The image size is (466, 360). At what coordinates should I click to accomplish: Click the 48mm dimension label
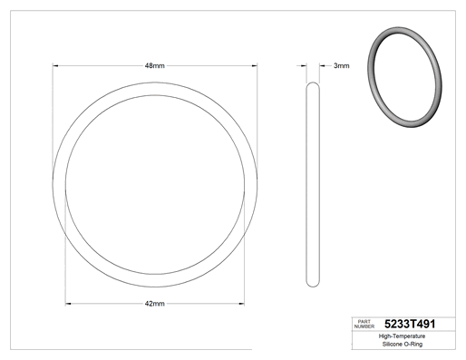pos(154,65)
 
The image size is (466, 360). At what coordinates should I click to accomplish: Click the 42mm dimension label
pos(154,304)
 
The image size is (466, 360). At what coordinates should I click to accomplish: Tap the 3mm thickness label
pos(342,65)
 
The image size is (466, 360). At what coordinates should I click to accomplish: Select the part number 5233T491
pos(410,324)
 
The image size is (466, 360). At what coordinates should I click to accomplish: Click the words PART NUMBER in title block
pos(364,324)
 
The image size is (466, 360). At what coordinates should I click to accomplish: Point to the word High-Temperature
pos(402,336)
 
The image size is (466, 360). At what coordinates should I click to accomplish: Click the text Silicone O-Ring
pos(403,344)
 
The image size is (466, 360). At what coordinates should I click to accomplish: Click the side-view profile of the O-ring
pos(306,184)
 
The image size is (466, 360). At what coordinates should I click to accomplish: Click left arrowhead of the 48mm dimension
pos(55,65)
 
